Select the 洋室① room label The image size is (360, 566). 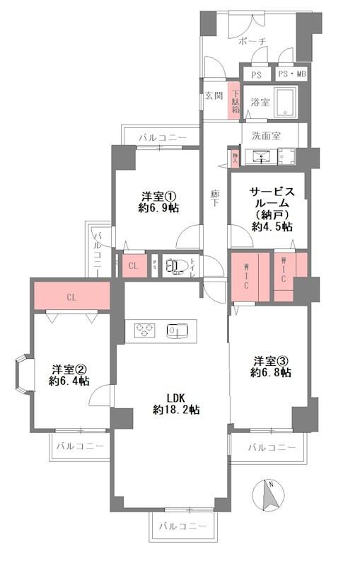(x=158, y=202)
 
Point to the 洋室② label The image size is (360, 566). (x=69, y=374)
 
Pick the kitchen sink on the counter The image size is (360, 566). (x=176, y=330)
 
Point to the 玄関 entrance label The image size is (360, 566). (x=214, y=96)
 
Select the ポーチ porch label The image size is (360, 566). (x=252, y=42)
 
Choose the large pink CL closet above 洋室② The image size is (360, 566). (x=71, y=296)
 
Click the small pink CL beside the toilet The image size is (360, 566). (x=133, y=266)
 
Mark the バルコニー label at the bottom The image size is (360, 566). (x=182, y=526)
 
